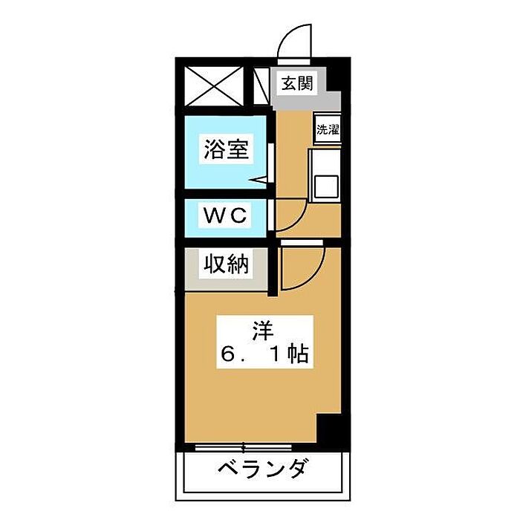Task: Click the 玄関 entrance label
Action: click(x=296, y=83)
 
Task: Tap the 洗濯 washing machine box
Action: click(x=327, y=129)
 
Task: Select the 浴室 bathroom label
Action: click(x=226, y=150)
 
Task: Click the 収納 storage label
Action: click(x=226, y=264)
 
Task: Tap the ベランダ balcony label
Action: click(x=262, y=470)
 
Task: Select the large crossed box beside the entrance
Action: click(x=213, y=86)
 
